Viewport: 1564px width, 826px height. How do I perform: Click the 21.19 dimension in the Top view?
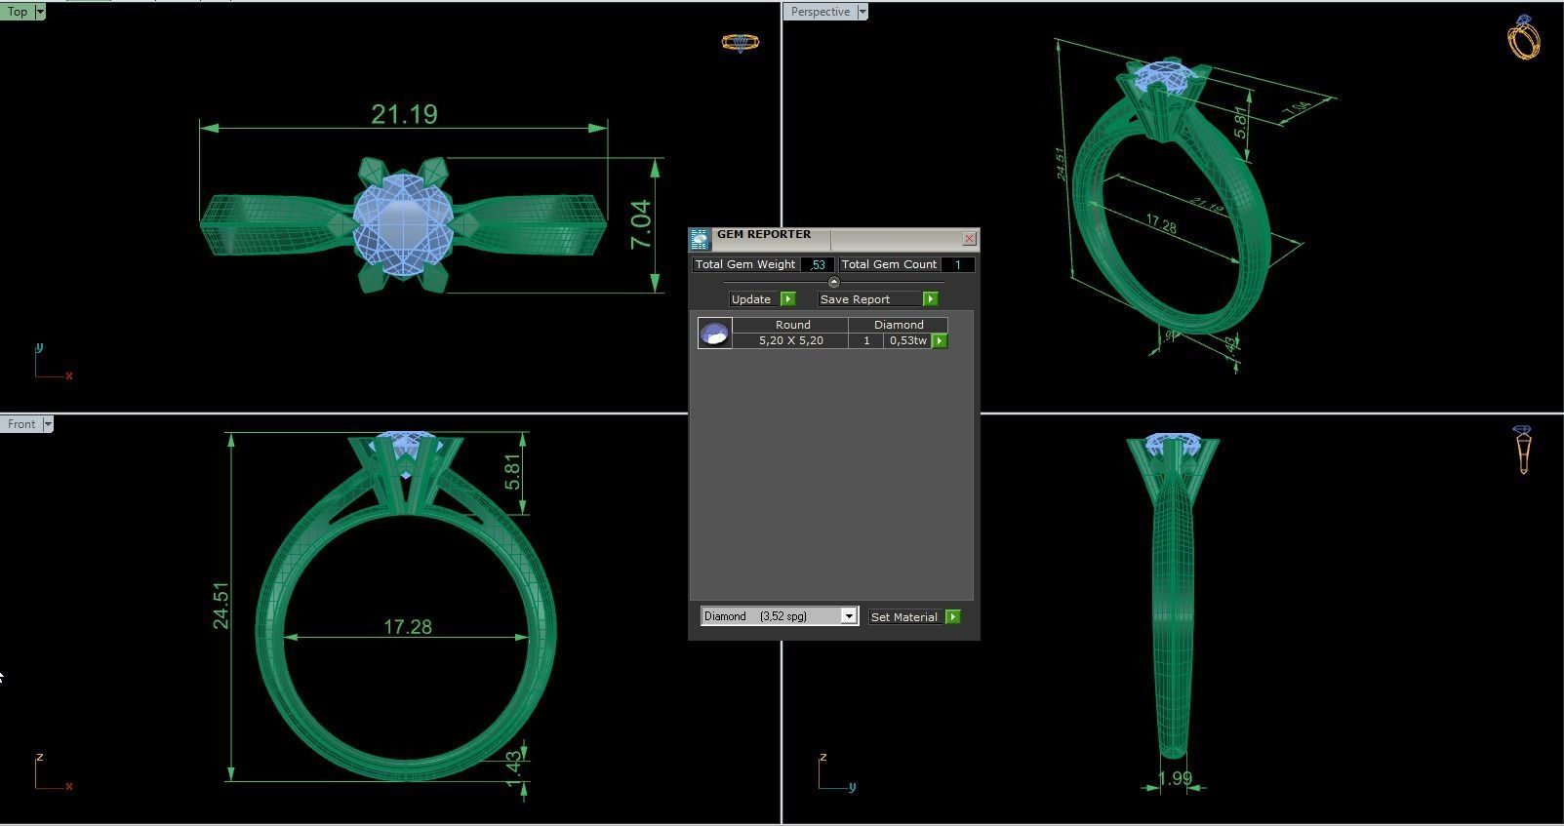coord(404,115)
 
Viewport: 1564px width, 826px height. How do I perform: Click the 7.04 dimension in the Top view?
coord(641,224)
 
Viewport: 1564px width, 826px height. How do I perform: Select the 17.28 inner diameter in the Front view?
coord(407,627)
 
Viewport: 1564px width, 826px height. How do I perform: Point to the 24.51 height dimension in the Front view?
coord(221,606)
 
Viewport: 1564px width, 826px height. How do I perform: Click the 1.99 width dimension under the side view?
coord(1175,778)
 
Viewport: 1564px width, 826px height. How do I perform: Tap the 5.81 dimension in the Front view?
coord(513,473)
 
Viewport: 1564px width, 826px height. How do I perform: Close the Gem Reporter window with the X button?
coord(969,238)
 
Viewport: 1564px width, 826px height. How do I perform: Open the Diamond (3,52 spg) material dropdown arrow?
coord(849,616)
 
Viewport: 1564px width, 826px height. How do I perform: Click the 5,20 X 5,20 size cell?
coord(790,340)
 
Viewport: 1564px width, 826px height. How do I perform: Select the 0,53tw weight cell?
coord(907,340)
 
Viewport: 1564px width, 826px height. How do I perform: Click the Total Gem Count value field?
coord(957,264)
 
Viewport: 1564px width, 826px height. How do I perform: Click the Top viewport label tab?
coord(18,12)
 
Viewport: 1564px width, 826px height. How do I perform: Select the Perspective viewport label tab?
coord(820,12)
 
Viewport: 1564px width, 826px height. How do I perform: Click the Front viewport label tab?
coord(21,424)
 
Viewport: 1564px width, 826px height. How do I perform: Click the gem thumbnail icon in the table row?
coord(715,334)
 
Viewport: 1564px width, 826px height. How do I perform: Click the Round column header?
coord(792,325)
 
